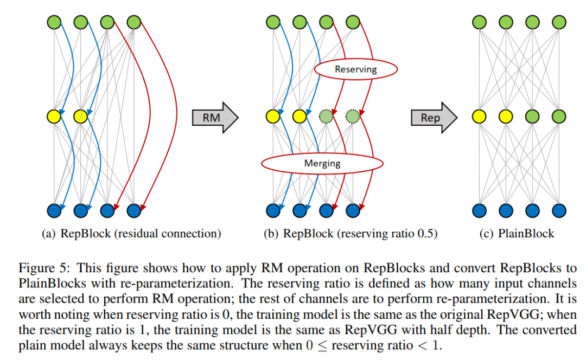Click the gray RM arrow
pos(215,116)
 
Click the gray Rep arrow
pos(433,117)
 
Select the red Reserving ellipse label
pos(356,69)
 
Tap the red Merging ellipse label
pos(322,163)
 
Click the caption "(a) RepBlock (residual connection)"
pos(132,234)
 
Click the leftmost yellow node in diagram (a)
pos(54,116)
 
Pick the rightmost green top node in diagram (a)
pos(133,22)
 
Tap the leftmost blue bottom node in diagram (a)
pos(54,210)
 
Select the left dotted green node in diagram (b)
pos(326,116)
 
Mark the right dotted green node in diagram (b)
pos(353,116)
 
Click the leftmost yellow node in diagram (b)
pos(273,116)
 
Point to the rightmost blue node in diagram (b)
pos(353,210)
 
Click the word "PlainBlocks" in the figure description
pos(48,283)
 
